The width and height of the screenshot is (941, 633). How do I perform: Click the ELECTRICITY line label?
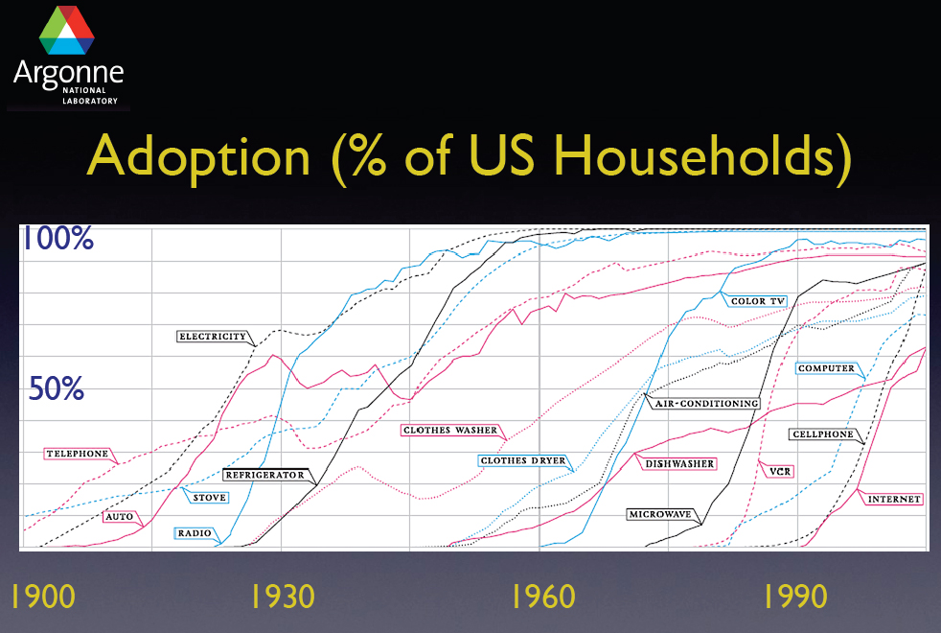tap(213, 337)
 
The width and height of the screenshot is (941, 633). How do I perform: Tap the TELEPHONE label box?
tap(77, 453)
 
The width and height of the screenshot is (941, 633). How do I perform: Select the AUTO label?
tap(119, 516)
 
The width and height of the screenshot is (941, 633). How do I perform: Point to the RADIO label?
tap(195, 532)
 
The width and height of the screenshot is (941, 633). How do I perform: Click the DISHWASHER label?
tap(678, 464)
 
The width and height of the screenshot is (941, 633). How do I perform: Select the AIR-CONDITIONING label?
tap(706, 404)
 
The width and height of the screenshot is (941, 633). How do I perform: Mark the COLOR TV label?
tap(757, 301)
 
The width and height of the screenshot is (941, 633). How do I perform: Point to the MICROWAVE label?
tap(660, 514)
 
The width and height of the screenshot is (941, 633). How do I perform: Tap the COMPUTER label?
tap(825, 368)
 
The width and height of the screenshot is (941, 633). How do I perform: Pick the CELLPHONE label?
tap(822, 434)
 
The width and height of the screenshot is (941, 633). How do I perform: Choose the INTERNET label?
tap(893, 499)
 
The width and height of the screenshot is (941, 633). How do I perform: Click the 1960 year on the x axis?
tap(543, 597)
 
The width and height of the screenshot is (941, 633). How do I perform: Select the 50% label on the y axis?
tap(57, 389)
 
